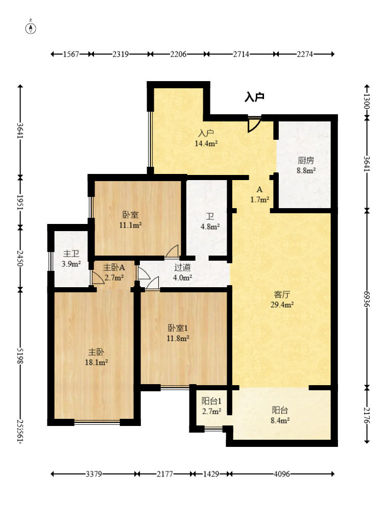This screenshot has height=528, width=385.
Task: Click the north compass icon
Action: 31,28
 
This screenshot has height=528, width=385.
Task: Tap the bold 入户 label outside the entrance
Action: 254,97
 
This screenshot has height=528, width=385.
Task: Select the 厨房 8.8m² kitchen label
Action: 306,165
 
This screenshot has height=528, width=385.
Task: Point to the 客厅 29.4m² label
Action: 282,299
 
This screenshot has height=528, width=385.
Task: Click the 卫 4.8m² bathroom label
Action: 210,221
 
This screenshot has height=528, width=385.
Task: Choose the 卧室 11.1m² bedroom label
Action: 130,220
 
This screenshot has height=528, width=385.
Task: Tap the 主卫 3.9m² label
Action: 71,259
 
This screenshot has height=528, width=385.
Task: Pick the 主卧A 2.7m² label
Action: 114,272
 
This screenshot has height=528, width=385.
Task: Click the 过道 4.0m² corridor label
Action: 182,272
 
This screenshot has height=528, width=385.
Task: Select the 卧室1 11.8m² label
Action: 178,333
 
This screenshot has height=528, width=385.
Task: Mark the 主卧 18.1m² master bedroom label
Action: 97,357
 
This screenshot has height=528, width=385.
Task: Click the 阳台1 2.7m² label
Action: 211,406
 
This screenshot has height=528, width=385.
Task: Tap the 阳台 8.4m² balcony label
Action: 280,415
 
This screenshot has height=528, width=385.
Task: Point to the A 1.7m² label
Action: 259,194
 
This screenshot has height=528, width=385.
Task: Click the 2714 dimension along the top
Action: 241,54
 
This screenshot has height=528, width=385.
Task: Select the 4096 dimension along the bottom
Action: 281,474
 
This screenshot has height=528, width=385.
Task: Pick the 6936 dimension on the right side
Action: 367,299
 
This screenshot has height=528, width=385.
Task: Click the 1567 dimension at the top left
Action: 71,54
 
